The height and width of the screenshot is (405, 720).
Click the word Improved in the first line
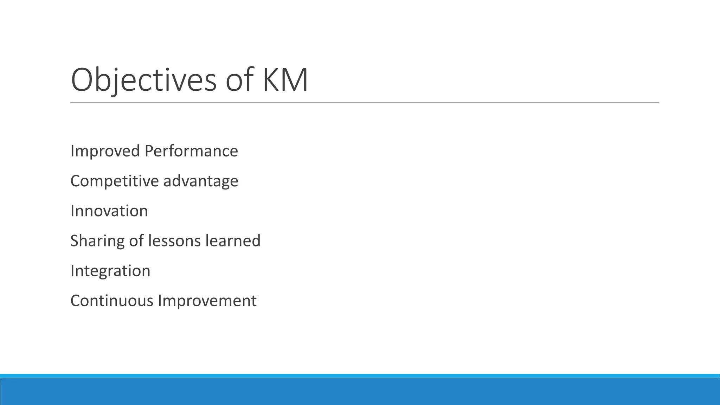[105, 151]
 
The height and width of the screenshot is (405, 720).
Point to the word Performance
[191, 151]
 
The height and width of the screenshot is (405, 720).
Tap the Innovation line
[109, 211]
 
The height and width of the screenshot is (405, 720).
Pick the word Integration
[110, 271]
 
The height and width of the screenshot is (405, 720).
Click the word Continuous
[112, 301]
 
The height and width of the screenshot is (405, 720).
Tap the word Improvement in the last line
[207, 301]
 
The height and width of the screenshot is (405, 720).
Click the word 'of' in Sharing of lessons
[136, 241]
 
